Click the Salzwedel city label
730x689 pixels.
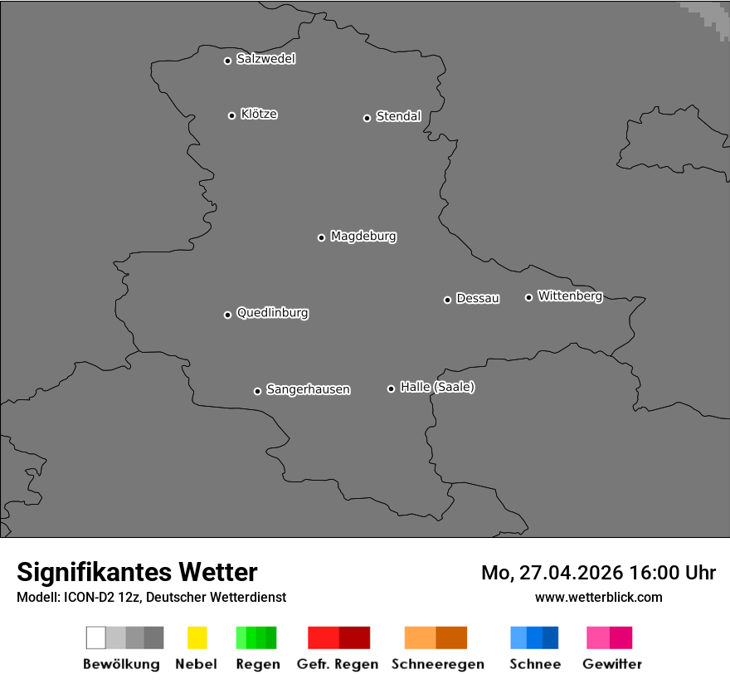click(x=265, y=59)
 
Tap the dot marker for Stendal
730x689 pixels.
click(x=367, y=118)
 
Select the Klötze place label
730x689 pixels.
click(x=259, y=114)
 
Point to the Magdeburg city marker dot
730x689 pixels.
click(x=321, y=237)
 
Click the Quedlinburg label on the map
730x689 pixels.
click(x=272, y=313)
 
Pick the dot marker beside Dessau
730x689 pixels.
click(x=447, y=300)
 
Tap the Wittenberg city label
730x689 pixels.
click(x=570, y=296)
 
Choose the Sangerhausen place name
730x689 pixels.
click(x=308, y=389)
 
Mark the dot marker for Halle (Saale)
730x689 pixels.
click(x=391, y=388)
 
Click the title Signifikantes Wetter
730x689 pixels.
click(x=137, y=572)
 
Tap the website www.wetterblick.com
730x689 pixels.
click(x=598, y=597)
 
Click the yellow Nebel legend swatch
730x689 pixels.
click(x=197, y=638)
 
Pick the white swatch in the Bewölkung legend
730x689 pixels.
click(x=96, y=638)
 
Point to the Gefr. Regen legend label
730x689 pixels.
click(x=338, y=664)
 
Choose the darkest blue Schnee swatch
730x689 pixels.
click(x=551, y=638)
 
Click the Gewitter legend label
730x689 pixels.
click(x=612, y=664)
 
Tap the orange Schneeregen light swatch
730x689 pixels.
click(x=420, y=638)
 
